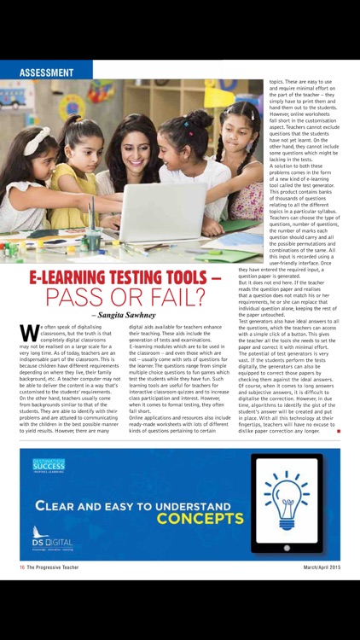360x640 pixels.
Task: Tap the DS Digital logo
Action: click(x=53, y=544)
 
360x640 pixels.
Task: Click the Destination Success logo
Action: click(x=49, y=465)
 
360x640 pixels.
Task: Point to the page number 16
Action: click(x=23, y=565)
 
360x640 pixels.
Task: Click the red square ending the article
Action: click(x=339, y=432)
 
